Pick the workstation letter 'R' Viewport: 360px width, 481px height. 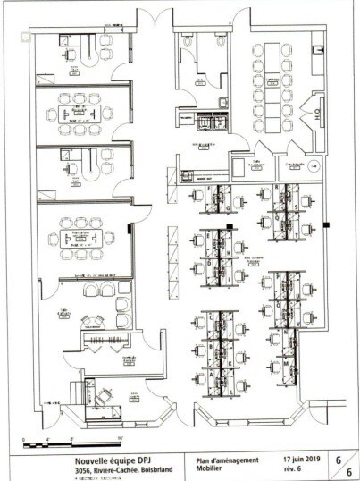[276, 187]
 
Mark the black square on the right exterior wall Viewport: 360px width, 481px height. [327, 224]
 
